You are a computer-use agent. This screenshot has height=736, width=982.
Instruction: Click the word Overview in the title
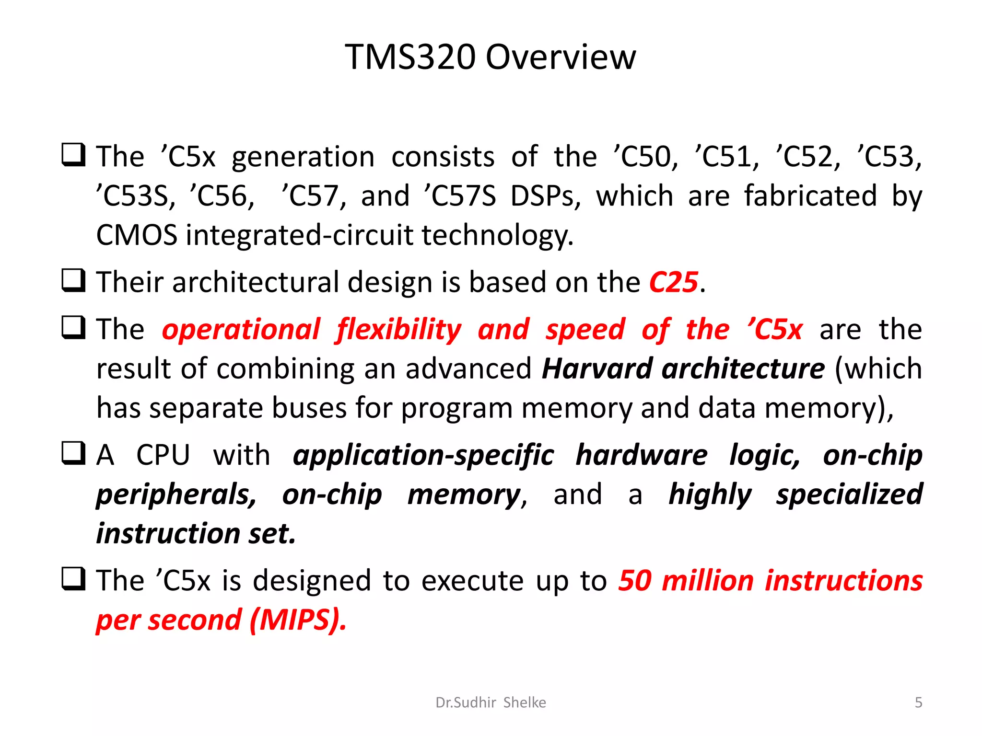coord(561,57)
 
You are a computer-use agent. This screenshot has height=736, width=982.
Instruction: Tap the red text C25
coord(673,282)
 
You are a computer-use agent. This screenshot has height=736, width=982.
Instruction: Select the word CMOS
coord(137,235)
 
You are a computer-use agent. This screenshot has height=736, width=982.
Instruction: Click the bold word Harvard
coord(597,369)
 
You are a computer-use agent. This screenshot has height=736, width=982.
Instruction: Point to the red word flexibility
coord(398,330)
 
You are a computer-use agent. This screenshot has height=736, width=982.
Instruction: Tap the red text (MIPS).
coord(298,620)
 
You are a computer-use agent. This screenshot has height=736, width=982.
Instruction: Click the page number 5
coord(918,702)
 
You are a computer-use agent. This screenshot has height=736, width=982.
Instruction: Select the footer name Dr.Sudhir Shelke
coord(491,702)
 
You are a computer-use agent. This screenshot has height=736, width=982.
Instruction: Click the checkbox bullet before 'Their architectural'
coord(74,280)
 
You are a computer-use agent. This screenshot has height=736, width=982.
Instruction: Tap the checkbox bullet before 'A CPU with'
coord(74,453)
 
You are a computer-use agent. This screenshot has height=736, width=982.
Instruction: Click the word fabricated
coord(810,196)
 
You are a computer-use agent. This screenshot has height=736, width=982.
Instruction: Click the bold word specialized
coord(849,495)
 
